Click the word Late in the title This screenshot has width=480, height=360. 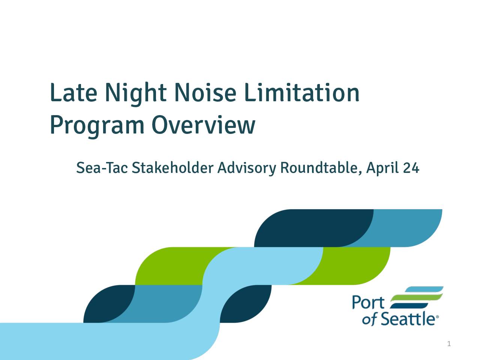(x=74, y=93)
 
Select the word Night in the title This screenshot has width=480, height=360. (x=136, y=94)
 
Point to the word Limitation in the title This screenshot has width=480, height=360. (x=302, y=93)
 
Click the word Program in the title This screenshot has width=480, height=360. (x=97, y=126)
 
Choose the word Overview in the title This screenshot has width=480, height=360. (x=204, y=124)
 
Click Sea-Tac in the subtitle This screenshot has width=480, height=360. (x=102, y=168)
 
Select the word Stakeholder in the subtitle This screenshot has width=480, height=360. (x=172, y=168)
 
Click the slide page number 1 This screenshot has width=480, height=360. (x=449, y=344)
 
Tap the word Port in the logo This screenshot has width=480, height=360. (x=368, y=302)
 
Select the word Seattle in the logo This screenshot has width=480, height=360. (x=407, y=319)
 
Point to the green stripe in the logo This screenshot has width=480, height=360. (x=417, y=297)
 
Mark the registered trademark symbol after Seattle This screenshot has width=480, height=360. (x=437, y=316)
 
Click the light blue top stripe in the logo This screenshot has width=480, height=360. (x=424, y=289)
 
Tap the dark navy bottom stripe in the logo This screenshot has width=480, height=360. (x=409, y=306)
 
